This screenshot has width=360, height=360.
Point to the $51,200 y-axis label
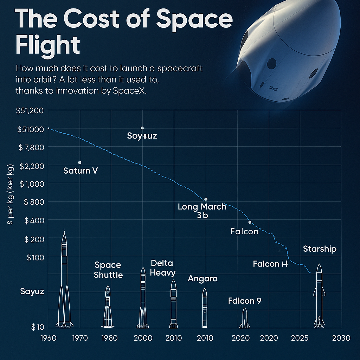tap(30, 111)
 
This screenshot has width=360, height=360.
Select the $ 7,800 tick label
tap(31, 147)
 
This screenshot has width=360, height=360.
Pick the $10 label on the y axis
tap(37, 327)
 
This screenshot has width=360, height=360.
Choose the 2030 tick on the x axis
tap(341, 338)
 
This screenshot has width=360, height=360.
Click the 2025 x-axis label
tap(300, 338)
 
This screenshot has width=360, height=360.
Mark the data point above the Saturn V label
tap(80, 162)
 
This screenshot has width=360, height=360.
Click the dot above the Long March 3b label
tap(206, 199)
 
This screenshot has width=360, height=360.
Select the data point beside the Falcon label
tap(250, 222)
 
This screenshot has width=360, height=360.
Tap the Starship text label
tap(320, 249)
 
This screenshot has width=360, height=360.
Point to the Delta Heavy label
tap(163, 268)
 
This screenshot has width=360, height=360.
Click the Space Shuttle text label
tap(108, 270)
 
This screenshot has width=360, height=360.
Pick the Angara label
tap(203, 279)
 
